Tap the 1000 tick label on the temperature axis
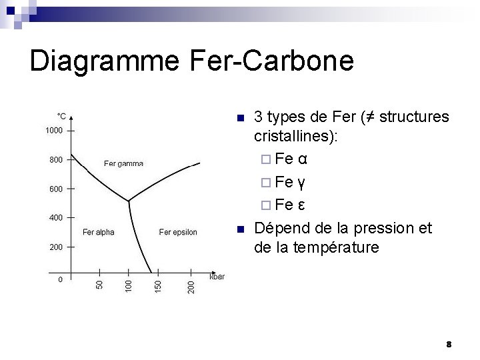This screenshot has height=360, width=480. click(54, 131)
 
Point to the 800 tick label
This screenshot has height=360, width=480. click(56, 160)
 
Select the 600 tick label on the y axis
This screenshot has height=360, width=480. click(56, 189)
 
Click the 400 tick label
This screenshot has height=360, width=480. click(56, 218)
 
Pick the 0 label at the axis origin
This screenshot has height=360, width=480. click(60, 279)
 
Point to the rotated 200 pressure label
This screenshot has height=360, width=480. click(191, 287)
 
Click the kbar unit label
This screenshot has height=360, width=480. click(217, 276)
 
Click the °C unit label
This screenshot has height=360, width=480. click(61, 115)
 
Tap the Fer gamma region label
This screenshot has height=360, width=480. click(123, 164)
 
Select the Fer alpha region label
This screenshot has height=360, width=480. click(98, 233)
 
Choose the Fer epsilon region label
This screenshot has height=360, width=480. click(178, 233)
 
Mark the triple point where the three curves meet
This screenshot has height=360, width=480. click(128, 200)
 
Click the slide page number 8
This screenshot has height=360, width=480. click(449, 345)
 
